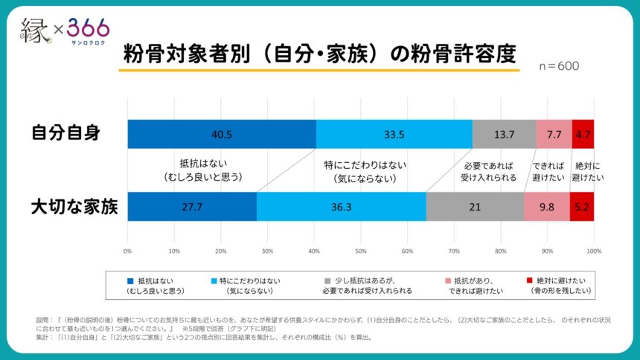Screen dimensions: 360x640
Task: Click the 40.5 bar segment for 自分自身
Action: pos(222,134)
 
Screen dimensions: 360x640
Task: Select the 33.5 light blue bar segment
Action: pos(394,134)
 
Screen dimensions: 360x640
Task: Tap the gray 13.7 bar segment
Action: pos(504,134)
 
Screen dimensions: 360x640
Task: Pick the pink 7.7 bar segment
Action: pos(554,134)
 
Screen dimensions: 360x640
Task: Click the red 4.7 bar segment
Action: pos(583,134)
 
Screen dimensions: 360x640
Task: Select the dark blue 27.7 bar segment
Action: pos(192,206)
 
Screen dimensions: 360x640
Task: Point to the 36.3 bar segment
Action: pos(341,206)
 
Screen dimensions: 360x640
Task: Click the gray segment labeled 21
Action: pos(475,206)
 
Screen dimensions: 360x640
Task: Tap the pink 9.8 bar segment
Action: pos(546,206)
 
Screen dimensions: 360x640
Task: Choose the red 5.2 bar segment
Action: pos(582,206)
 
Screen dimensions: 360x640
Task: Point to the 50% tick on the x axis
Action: pos(360,251)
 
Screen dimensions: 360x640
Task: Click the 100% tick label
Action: pos(593,251)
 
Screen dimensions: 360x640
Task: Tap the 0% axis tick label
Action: pos(128,251)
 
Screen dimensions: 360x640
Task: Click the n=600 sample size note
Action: pos(558,65)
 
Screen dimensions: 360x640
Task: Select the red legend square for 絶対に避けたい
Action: pos(529,281)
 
